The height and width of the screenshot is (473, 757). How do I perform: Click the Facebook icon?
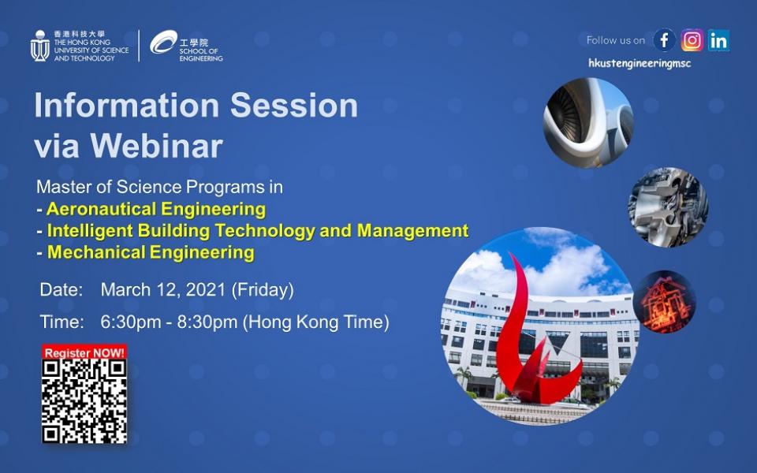(664, 40)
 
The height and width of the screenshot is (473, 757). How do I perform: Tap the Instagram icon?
(692, 40)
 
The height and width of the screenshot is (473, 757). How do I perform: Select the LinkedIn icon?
(719, 40)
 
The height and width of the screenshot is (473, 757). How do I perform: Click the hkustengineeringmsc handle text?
(640, 63)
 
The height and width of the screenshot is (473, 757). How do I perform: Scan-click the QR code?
(84, 401)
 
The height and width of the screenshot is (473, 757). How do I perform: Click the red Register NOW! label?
(84, 352)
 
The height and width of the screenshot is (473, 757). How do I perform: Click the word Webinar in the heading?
(156, 146)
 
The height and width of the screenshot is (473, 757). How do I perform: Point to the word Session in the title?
(294, 105)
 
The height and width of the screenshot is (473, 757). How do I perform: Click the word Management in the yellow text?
(412, 231)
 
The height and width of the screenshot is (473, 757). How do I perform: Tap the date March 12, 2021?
(163, 290)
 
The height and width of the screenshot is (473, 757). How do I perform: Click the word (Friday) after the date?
(263, 290)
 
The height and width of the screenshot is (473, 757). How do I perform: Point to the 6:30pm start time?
(131, 322)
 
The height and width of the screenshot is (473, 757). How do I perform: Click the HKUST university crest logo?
(40, 46)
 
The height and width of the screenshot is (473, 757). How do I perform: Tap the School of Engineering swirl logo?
(164, 42)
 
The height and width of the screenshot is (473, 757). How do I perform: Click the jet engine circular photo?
(588, 123)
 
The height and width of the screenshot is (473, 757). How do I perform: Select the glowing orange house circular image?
(664, 302)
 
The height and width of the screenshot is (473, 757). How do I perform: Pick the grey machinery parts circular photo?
(668, 207)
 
